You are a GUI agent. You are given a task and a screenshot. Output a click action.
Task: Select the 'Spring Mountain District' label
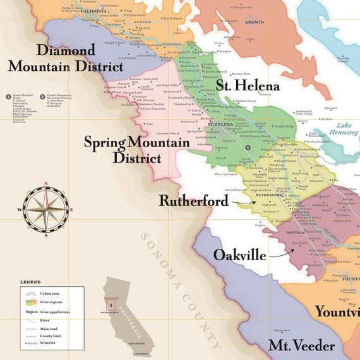[x=137, y=150]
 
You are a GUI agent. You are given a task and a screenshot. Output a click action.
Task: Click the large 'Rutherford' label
[x=193, y=200]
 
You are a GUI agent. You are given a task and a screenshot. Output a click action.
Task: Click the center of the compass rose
[x=45, y=209]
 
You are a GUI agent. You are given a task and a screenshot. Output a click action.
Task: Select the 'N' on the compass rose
[x=45, y=184]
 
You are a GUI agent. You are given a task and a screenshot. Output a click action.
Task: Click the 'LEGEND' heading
[x=30, y=282]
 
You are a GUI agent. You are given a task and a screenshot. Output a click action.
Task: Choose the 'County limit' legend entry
[x=54, y=337]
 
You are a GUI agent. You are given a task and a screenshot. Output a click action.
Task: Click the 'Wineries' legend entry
[x=52, y=345]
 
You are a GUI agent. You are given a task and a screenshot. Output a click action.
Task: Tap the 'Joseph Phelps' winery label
[x=283, y=126]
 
